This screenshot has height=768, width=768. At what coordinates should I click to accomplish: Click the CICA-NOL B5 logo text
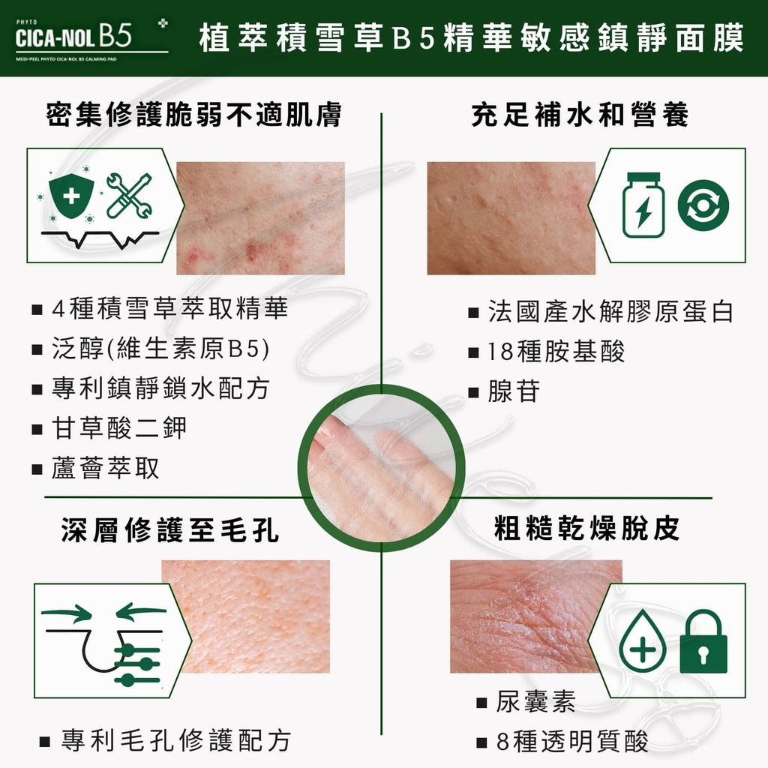pyautogui.click(x=73, y=36)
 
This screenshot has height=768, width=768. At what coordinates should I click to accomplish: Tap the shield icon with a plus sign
pyautogui.click(x=71, y=196)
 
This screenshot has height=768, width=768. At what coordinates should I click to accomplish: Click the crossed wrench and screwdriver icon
pyautogui.click(x=129, y=196)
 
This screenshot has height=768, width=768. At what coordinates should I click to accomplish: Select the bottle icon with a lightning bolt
pyautogui.click(x=643, y=205)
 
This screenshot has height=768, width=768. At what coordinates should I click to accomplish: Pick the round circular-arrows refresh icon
pyautogui.click(x=703, y=205)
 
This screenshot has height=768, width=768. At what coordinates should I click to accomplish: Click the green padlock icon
pyautogui.click(x=703, y=642)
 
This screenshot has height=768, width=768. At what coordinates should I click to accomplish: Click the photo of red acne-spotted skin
pyautogui.click(x=260, y=218)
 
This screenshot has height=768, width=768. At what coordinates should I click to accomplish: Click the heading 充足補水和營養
pyautogui.click(x=580, y=115)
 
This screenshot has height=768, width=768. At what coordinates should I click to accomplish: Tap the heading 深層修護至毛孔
pyautogui.click(x=170, y=530)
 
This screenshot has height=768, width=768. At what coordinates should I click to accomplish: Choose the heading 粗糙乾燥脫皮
pyautogui.click(x=587, y=528)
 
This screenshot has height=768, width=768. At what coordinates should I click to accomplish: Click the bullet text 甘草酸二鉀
pyautogui.click(x=119, y=427)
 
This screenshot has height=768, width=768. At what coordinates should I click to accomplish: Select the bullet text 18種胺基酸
pyautogui.click(x=556, y=351)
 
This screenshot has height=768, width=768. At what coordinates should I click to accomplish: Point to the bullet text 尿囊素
pyautogui.click(x=535, y=701)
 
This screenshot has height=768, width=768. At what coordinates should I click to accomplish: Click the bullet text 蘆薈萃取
pyautogui.click(x=105, y=468)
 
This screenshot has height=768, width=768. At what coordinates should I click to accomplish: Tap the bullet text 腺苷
pyautogui.click(x=514, y=391)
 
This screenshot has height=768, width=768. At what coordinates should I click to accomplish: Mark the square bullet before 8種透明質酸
pyautogui.click(x=481, y=743)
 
